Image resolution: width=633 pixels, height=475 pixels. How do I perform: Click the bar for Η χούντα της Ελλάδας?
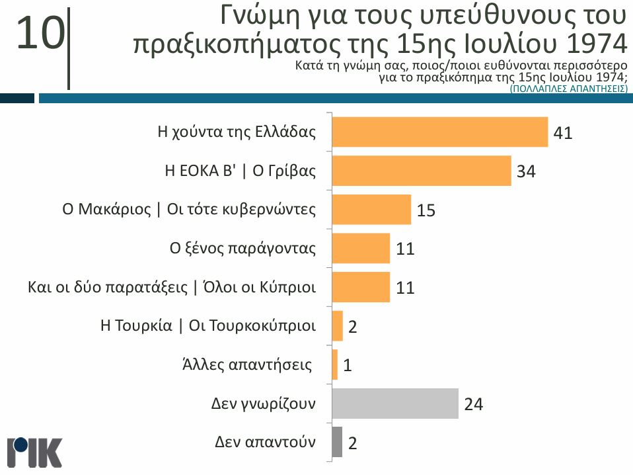pos(439,132)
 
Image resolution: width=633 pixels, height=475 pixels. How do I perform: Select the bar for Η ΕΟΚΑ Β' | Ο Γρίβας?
pos(421,171)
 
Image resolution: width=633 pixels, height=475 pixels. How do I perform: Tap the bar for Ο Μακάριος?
pos(371,210)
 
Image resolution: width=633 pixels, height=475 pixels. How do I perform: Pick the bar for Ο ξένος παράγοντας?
pos(360,249)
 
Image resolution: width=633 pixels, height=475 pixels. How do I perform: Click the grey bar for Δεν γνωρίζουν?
pos(394,404)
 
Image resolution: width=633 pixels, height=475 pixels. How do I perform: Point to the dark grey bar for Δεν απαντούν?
pos(337,442)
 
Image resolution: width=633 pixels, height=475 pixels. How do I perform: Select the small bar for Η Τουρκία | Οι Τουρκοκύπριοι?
pos(337,326)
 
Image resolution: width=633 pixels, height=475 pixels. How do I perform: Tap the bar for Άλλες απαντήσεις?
pos(334,365)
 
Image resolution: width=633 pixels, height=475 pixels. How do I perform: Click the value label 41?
pos(562,133)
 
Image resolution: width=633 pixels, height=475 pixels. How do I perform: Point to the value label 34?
pos(525,172)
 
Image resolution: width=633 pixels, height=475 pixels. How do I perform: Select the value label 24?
pos(473,404)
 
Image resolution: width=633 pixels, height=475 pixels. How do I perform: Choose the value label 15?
pos(426,211)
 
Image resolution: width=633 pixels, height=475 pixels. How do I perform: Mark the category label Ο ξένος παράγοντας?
pos(242,249)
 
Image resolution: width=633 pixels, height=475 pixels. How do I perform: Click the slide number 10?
pos(40,34)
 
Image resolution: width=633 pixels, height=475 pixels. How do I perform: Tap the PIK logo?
pos(34,453)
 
